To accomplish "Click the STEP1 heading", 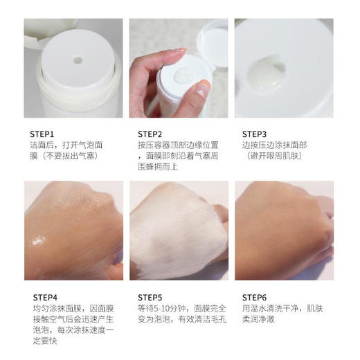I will (x=42, y=134).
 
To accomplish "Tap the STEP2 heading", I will (x=150, y=134).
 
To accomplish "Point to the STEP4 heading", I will (x=42, y=297).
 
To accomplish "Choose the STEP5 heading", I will (x=150, y=297).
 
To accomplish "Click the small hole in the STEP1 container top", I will (x=78, y=60).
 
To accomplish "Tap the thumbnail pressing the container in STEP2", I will (x=202, y=88).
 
